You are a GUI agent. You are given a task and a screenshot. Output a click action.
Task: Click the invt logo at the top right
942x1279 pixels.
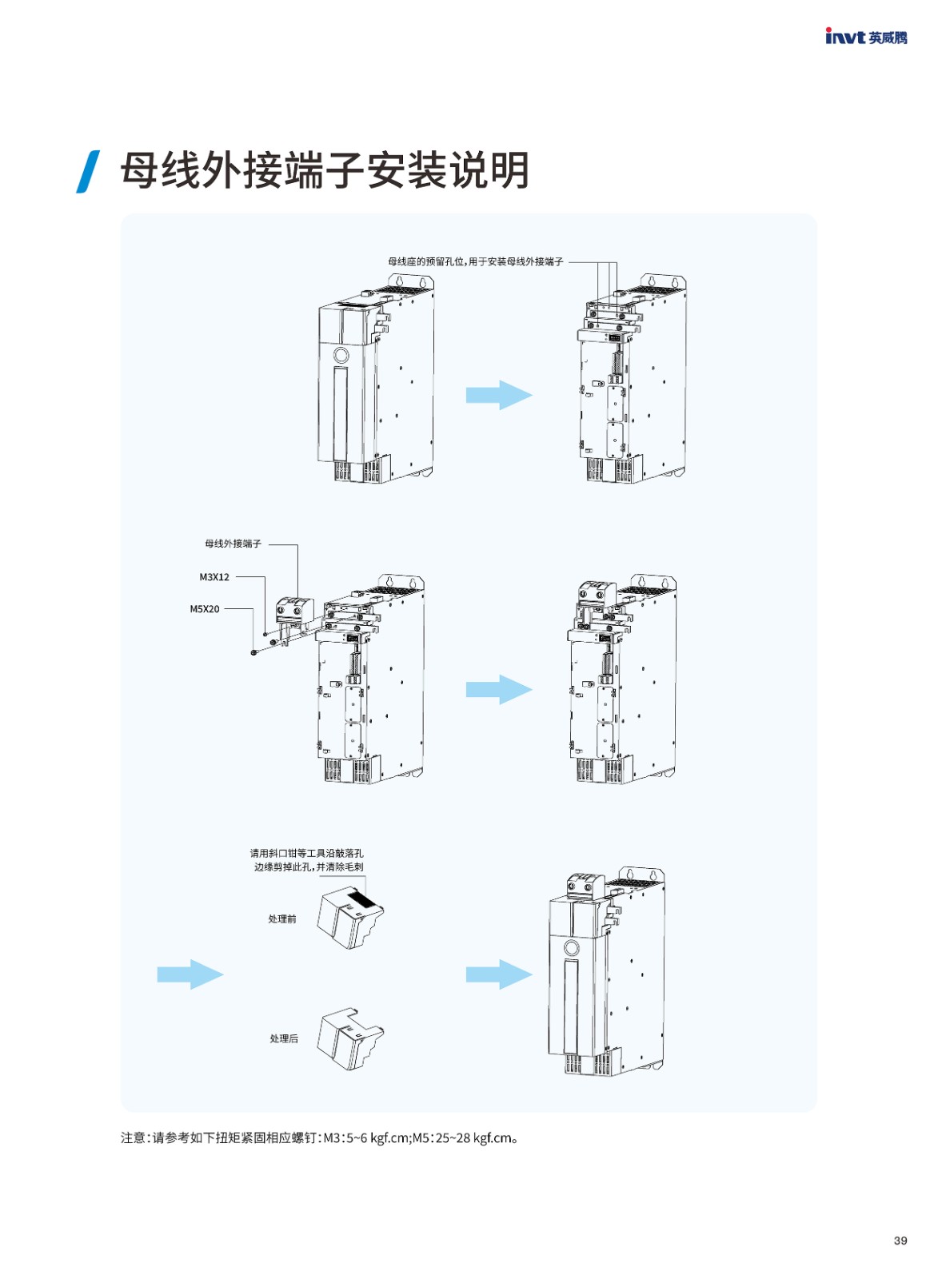click(x=865, y=37)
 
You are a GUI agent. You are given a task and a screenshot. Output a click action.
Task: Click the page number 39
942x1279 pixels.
click(x=900, y=1240)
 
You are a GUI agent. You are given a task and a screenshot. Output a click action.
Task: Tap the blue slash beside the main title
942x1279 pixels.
click(x=88, y=171)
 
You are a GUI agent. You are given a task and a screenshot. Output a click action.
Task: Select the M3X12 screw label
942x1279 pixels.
click(x=214, y=576)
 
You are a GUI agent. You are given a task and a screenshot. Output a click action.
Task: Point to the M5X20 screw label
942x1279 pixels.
click(x=204, y=608)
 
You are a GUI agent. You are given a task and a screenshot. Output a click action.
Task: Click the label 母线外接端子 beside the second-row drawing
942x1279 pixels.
click(x=233, y=544)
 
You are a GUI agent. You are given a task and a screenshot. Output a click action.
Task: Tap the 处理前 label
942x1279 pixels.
click(x=281, y=918)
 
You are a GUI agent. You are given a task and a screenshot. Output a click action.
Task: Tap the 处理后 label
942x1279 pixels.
click(x=283, y=1038)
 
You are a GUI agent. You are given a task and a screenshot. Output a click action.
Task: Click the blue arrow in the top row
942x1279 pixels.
click(x=498, y=395)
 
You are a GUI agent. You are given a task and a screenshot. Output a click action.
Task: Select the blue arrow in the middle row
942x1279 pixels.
click(x=498, y=689)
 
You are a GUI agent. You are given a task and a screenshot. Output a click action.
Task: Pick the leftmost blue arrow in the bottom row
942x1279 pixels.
click(x=190, y=974)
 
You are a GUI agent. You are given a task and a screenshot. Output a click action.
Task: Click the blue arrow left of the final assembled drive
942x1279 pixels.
click(x=498, y=974)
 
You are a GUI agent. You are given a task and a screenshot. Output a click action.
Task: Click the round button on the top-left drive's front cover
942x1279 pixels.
click(x=341, y=355)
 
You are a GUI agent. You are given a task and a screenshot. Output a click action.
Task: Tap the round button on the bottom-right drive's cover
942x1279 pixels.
click(x=571, y=948)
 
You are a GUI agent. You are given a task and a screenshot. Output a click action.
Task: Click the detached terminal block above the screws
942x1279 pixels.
click(x=293, y=610)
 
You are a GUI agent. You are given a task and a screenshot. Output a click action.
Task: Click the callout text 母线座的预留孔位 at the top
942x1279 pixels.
click(x=475, y=261)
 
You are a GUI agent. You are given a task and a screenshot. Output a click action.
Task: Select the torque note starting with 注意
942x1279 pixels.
click(x=319, y=1138)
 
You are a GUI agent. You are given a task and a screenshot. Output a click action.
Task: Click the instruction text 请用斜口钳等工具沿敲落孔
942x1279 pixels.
click(x=306, y=853)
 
